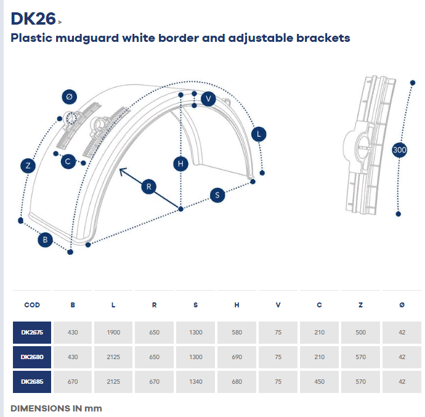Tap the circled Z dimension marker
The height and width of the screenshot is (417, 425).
(28, 165)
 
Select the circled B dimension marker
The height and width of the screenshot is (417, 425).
(44, 240)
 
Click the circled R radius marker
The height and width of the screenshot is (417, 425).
(148, 187)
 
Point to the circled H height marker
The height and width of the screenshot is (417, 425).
(180, 163)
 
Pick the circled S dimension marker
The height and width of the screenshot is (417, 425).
(217, 195)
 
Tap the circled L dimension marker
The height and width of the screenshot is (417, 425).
(259, 134)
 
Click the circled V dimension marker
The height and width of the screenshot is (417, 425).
(209, 99)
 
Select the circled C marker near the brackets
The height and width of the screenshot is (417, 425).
(69, 161)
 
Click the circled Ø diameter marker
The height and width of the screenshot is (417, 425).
(69, 97)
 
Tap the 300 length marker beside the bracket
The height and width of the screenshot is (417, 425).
(399, 150)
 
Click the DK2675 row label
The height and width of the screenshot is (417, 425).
(32, 333)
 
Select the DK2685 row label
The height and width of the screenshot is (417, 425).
(32, 381)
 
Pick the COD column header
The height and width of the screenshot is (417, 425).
(32, 305)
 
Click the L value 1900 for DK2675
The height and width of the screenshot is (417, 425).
(114, 333)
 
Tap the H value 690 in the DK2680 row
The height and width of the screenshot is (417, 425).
(237, 357)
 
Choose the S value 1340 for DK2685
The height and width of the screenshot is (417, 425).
(196, 381)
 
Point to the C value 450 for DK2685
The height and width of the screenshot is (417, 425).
(319, 381)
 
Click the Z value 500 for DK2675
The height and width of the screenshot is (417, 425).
(360, 333)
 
